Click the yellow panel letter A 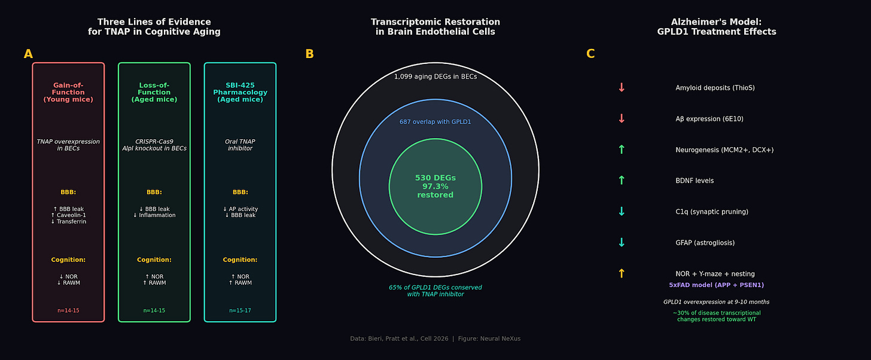[x=28, y=54]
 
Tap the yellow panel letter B [x=309, y=54]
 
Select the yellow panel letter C [x=590, y=54]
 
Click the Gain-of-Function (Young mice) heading [x=68, y=93]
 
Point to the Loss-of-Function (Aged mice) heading [x=154, y=93]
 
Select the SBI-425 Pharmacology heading [x=240, y=93]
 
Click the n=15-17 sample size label [x=240, y=311]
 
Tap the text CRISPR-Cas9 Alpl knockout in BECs [x=154, y=145]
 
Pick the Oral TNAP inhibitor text [x=240, y=145]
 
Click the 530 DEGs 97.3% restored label [x=435, y=187]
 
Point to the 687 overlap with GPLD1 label [x=435, y=122]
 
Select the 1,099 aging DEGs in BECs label [x=435, y=77]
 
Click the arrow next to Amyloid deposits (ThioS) [x=622, y=88]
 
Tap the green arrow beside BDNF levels [x=622, y=181]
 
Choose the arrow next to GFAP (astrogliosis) [x=622, y=243]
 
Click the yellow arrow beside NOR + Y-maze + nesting [x=622, y=274]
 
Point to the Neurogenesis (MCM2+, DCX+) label [x=724, y=150]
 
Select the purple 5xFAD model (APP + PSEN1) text [x=716, y=285]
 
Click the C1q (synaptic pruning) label [x=712, y=212]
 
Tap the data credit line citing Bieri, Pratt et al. [x=435, y=339]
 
